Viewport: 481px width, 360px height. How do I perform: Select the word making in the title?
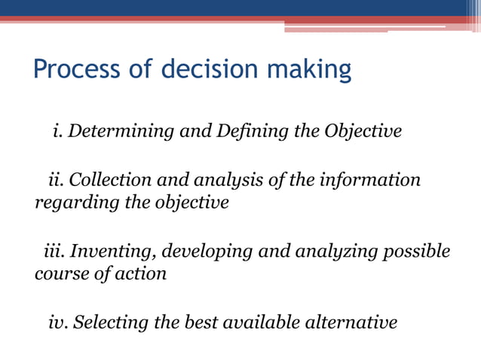(x=314, y=71)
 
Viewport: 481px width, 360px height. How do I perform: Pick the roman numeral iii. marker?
(x=53, y=251)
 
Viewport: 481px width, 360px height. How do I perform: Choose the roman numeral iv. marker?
(x=56, y=323)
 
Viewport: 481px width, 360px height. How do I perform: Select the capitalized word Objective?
(x=363, y=133)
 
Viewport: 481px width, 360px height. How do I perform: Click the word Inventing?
(x=112, y=251)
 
